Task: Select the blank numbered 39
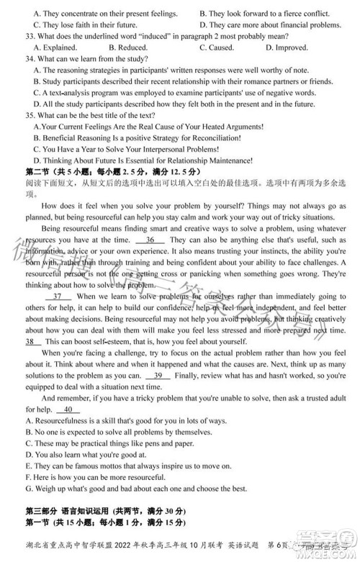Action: pyautogui.click(x=158, y=375)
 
